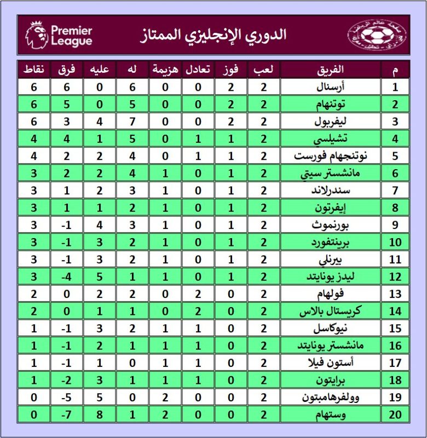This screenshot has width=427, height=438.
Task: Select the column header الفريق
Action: tap(331, 70)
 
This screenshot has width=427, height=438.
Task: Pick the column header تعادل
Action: tap(198, 70)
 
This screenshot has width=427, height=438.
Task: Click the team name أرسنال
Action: tap(330, 87)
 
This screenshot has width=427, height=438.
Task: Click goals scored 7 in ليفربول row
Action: tap(132, 122)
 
